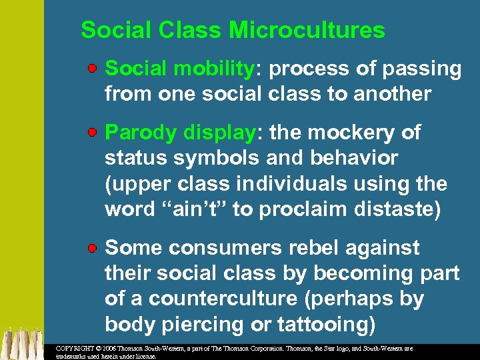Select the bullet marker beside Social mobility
click(x=95, y=69)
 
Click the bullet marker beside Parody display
click(x=95, y=133)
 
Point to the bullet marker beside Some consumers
click(x=95, y=248)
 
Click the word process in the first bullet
click(x=307, y=69)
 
